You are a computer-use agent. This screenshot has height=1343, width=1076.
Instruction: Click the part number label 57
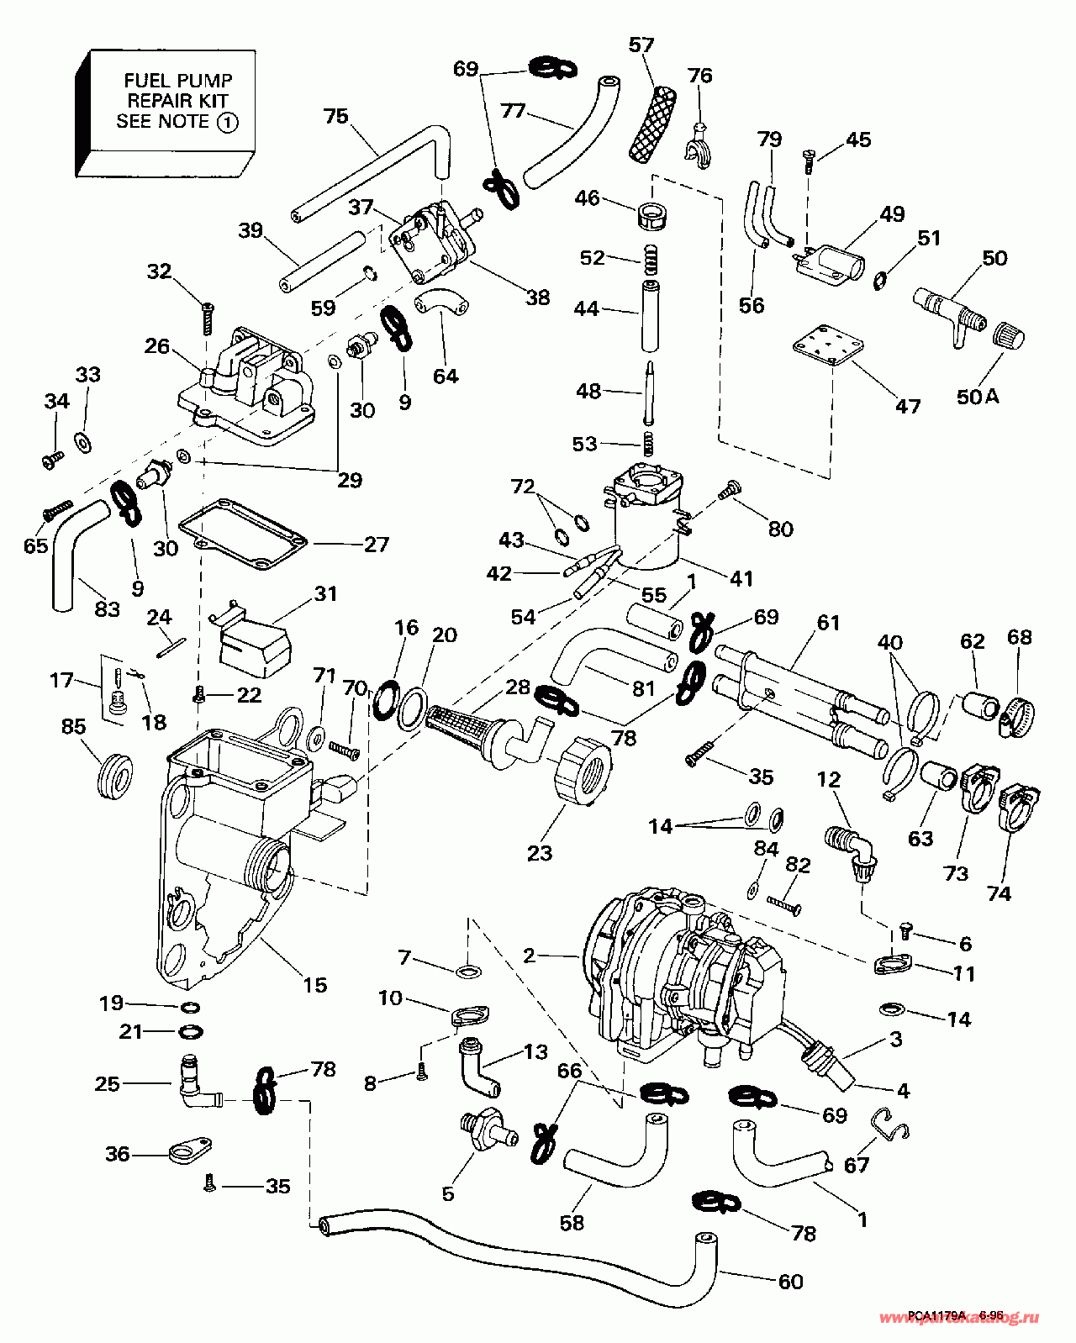641,45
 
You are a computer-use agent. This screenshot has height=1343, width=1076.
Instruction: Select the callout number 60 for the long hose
790,1282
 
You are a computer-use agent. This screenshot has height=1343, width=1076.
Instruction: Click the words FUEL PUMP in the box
177,81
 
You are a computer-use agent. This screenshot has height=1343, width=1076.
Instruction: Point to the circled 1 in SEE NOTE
227,122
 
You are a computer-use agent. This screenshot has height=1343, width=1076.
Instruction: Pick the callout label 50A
978,396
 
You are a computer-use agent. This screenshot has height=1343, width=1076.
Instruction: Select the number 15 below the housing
314,984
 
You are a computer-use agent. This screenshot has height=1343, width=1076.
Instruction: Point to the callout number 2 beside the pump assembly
529,956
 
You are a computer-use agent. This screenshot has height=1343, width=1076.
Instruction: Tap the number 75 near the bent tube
335,116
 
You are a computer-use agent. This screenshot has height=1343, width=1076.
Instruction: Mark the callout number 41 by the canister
741,578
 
